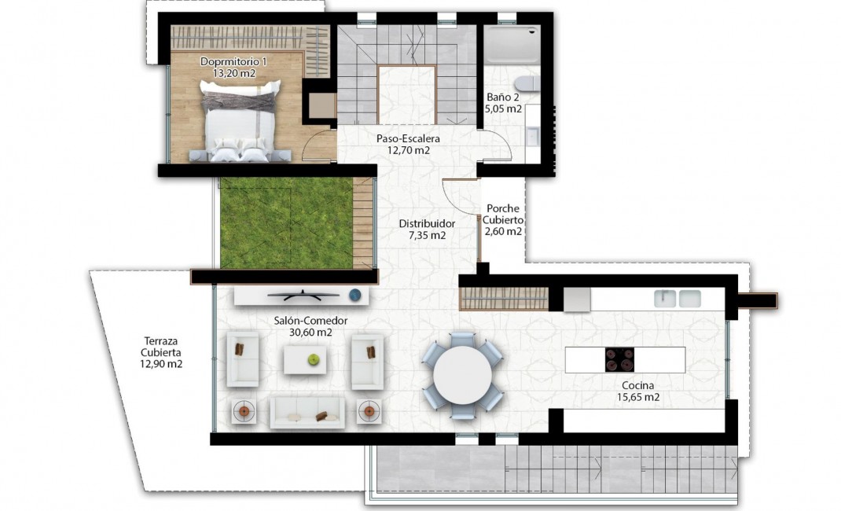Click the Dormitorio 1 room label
[x=233, y=67]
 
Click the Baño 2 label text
[x=503, y=103]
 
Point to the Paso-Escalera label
[x=407, y=144]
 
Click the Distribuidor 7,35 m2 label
[x=427, y=229]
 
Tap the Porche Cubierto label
[x=503, y=220]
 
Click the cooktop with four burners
[x=620, y=359]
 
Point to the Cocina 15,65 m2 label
[x=637, y=392]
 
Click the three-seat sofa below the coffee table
[x=307, y=412]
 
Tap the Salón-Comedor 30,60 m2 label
[x=310, y=326]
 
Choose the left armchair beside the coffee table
[x=243, y=360]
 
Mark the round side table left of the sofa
[x=244, y=410]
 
